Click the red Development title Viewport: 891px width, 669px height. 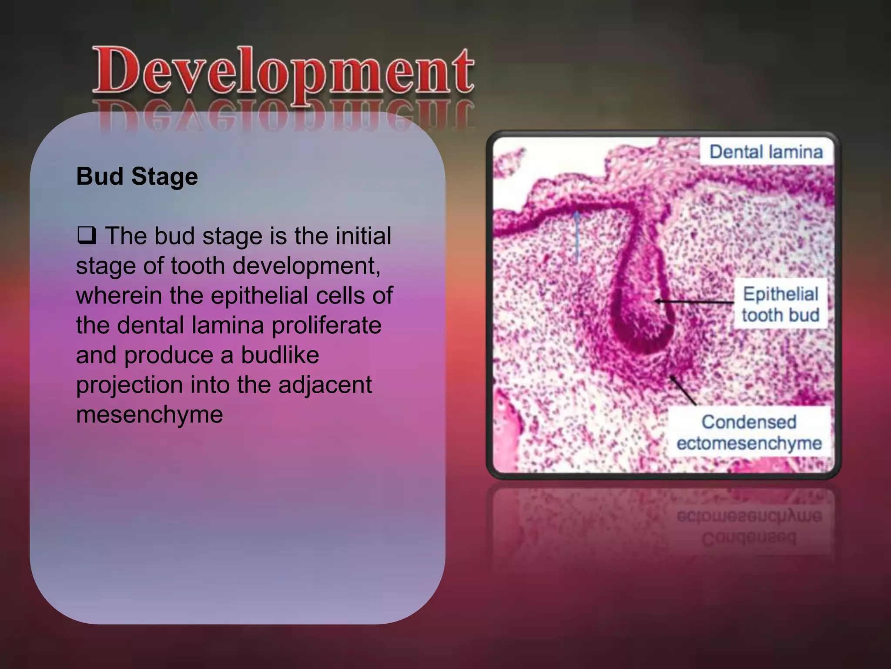tap(283, 72)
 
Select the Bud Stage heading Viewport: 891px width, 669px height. tap(137, 176)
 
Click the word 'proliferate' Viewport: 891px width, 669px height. tap(326, 325)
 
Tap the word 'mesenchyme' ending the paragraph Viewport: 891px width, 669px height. tap(149, 414)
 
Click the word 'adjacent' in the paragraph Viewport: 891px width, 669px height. tap(325, 384)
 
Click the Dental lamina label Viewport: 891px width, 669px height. tap(766, 152)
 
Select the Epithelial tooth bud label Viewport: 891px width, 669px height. tap(780, 304)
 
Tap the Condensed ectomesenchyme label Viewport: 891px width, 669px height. tap(749, 432)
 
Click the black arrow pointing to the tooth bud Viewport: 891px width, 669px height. tap(694, 301)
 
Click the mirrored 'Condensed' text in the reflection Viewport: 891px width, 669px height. tap(748, 538)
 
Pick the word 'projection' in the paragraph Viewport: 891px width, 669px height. tap(129, 384)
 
